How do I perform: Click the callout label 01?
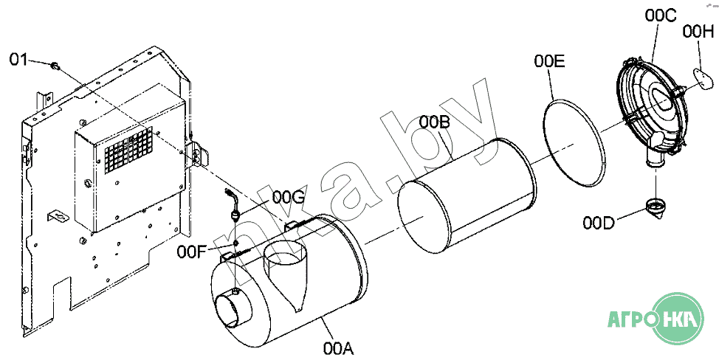18,60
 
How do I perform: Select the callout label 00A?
338,349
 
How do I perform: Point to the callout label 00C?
660,15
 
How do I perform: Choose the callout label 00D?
599,223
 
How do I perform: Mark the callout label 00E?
549,61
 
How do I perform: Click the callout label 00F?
192,252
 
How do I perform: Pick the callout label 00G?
288,198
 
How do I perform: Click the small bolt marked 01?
55,66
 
